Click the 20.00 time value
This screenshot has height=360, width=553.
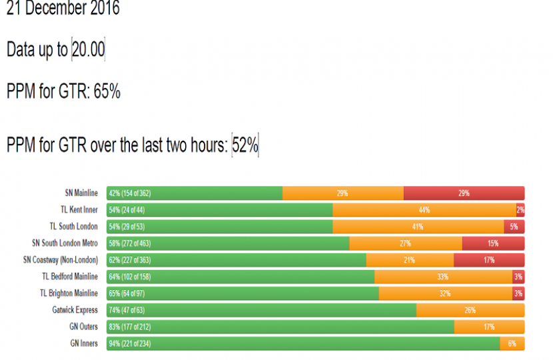point(89,51)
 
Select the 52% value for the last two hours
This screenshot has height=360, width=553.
point(245,145)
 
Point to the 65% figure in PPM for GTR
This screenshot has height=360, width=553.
point(107,92)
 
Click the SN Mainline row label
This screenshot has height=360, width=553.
point(81,193)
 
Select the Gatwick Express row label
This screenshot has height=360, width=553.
point(75,310)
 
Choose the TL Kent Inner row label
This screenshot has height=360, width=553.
point(79,210)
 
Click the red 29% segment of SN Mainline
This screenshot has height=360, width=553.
point(464,193)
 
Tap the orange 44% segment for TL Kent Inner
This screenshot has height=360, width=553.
point(424,210)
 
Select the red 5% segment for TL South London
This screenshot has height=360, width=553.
point(514,227)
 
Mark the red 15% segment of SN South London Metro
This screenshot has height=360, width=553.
point(493,243)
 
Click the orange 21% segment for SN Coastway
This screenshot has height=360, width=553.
point(410,260)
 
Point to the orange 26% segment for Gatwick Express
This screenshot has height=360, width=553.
point(470,310)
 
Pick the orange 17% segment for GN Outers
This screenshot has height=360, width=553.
point(489,327)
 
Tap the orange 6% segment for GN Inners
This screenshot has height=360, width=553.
point(512,343)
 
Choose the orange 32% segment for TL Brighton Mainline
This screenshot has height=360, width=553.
point(445,293)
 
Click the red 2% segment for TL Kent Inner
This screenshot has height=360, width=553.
point(520,210)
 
